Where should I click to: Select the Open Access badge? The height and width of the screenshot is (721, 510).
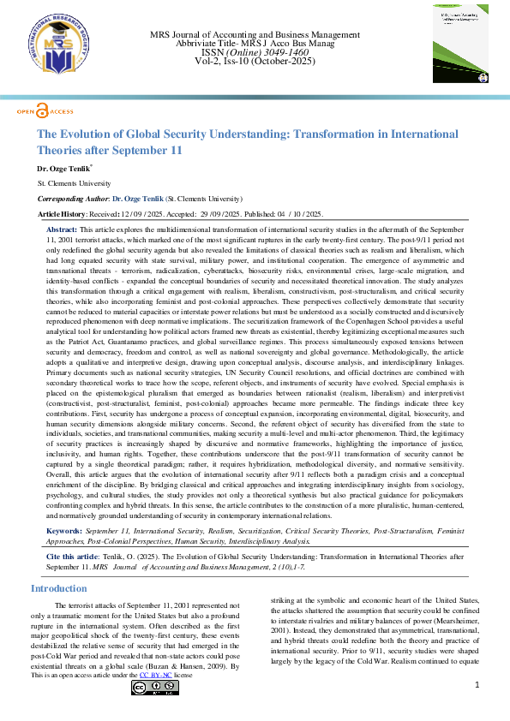[45, 111]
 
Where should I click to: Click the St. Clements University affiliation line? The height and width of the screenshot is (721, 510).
[75, 184]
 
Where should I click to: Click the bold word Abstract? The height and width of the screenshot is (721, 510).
[61, 230]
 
